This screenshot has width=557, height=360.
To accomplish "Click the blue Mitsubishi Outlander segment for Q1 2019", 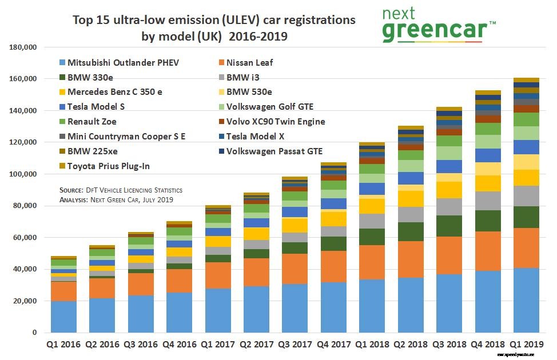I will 526,300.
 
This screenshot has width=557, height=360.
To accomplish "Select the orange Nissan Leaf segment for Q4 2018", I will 488,251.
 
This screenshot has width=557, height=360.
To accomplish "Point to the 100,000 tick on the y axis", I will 25,174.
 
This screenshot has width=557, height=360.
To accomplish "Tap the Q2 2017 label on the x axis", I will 256,345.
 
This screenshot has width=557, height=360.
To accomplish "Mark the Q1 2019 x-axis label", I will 526,345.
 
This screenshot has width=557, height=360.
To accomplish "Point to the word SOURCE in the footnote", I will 72,190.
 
